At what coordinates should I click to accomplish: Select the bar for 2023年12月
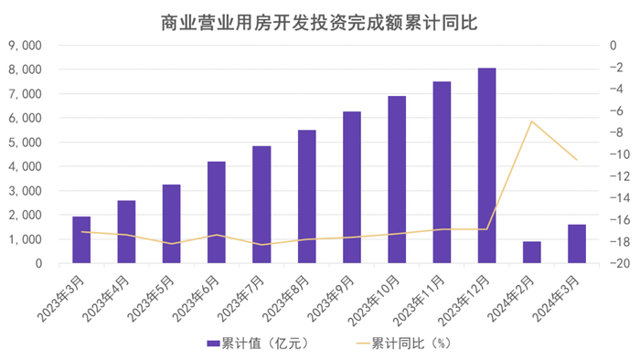(x=486, y=165)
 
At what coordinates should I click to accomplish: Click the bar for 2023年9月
(x=352, y=187)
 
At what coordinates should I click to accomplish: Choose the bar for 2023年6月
(x=217, y=212)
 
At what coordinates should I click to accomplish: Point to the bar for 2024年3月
(x=576, y=244)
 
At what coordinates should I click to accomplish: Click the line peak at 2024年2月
(x=531, y=121)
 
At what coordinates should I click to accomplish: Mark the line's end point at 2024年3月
(x=576, y=160)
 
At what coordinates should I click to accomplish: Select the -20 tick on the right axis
(x=614, y=264)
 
